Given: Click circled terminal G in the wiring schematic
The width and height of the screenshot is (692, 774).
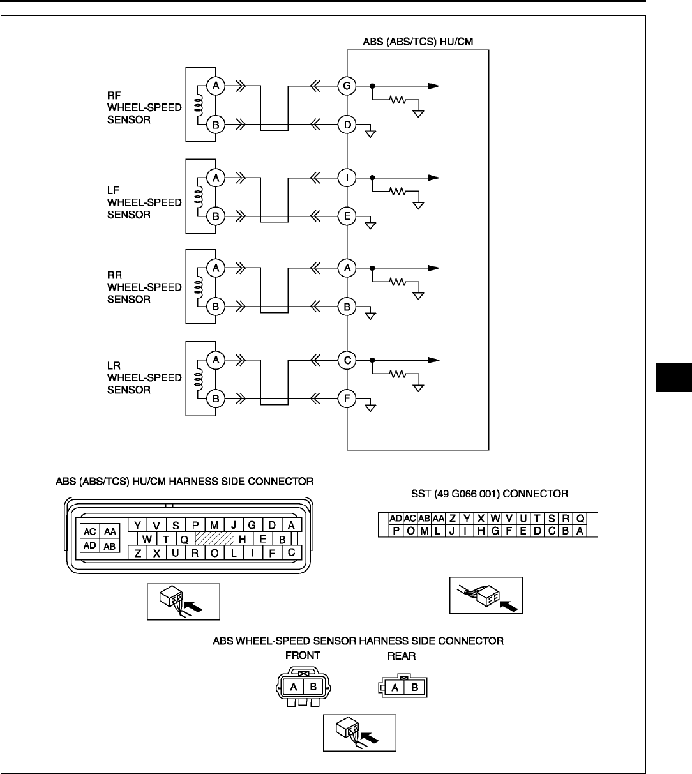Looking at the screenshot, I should click(x=347, y=86).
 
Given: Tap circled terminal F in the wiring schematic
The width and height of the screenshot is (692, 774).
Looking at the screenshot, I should click(x=347, y=400).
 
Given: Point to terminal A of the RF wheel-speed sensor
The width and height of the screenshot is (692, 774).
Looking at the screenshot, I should click(x=216, y=86).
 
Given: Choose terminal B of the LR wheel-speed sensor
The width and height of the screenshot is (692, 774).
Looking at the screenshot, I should click(x=216, y=400).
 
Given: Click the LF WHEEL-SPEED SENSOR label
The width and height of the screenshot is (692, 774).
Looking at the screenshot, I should click(x=144, y=202).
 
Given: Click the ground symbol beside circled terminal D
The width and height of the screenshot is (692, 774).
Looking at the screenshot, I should click(x=369, y=133).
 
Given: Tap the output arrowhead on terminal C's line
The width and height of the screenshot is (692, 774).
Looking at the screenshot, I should click(x=434, y=361).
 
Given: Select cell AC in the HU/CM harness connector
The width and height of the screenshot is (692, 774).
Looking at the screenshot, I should click(x=90, y=531).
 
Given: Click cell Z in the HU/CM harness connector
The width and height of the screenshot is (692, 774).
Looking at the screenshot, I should click(x=138, y=553).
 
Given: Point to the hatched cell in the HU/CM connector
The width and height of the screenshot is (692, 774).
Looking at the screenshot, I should click(x=214, y=538).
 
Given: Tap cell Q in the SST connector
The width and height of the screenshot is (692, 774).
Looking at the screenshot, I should click(x=580, y=519).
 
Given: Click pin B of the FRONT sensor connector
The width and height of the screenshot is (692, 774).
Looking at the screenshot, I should click(x=313, y=687).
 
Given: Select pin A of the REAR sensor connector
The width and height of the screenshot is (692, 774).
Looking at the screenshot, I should click(x=395, y=687).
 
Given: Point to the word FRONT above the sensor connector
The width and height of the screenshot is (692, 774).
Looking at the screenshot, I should click(x=302, y=655).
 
